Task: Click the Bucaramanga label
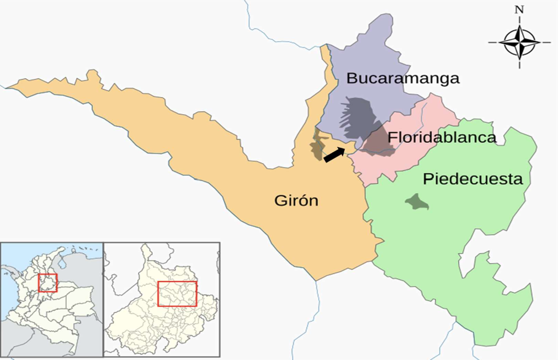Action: coord(403,78)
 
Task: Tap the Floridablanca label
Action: coord(442,137)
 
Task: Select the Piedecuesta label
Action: coord(473,179)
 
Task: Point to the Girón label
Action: coord(296,200)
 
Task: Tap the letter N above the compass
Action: coord(519,9)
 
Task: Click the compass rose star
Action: coord(519,42)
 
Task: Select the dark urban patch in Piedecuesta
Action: coord(416,202)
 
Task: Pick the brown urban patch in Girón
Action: coord(316,146)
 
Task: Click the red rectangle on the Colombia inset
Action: coord(48,283)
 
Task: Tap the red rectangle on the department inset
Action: coord(177,294)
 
